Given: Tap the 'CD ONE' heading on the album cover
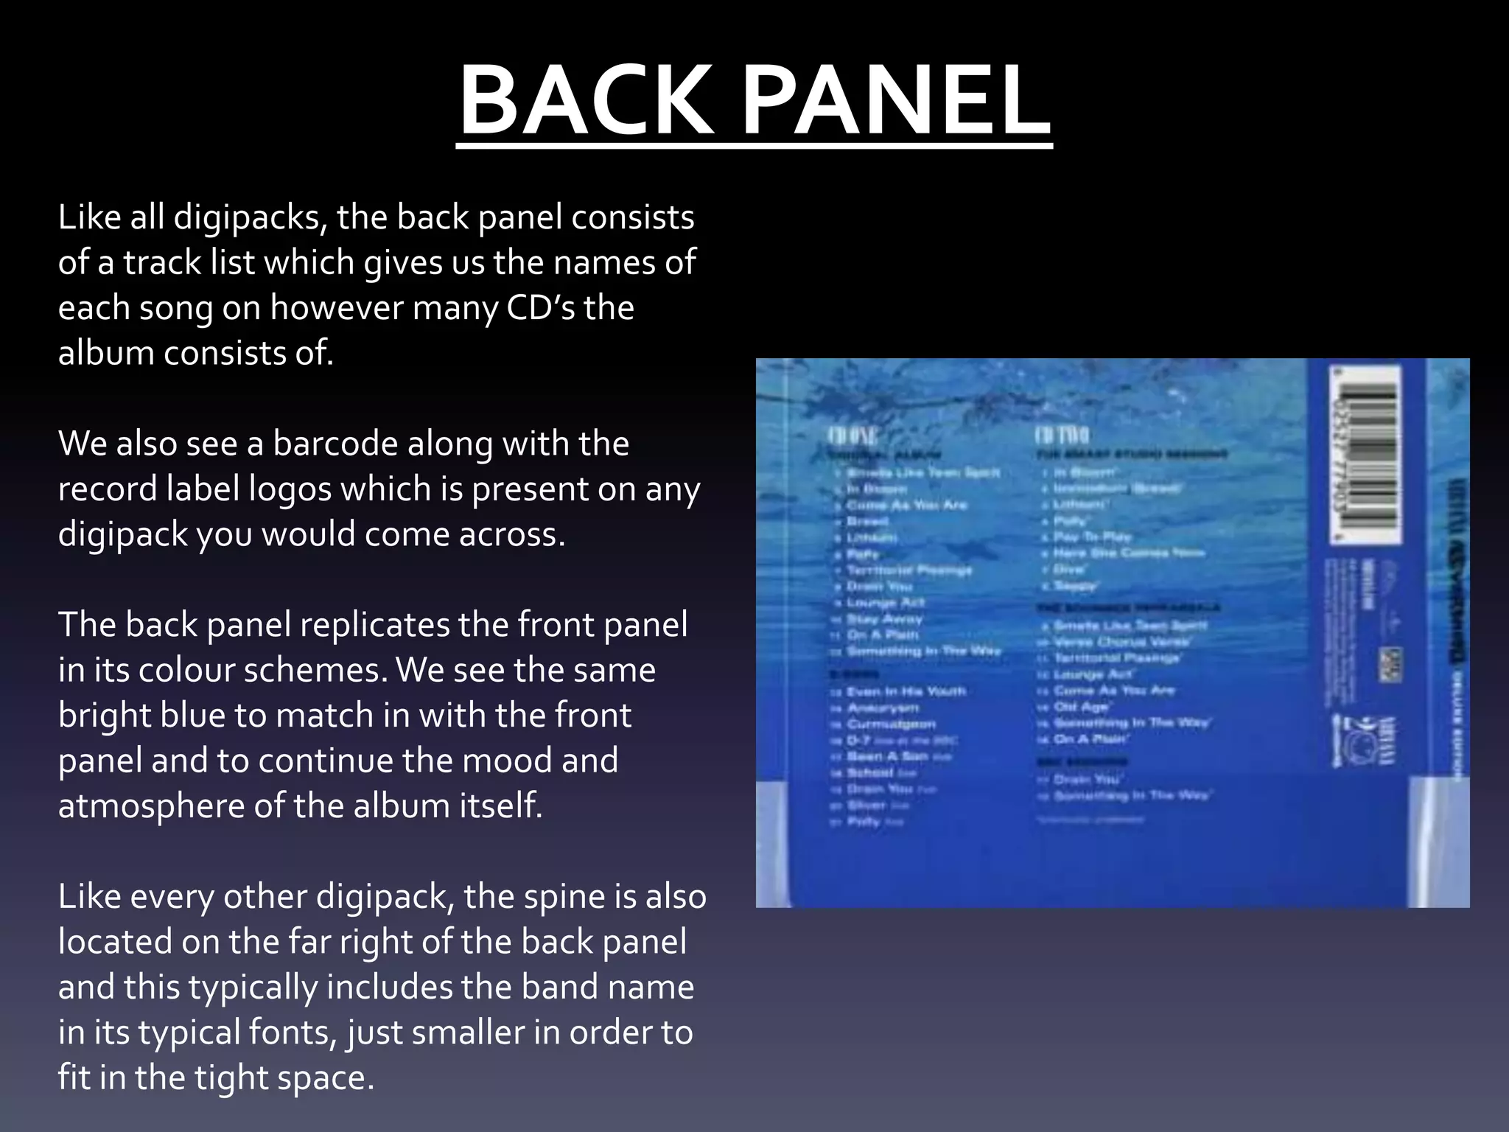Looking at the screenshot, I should click(x=854, y=435).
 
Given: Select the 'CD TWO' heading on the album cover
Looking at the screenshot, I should click(x=1062, y=435).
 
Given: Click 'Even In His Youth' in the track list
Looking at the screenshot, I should click(x=906, y=691).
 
